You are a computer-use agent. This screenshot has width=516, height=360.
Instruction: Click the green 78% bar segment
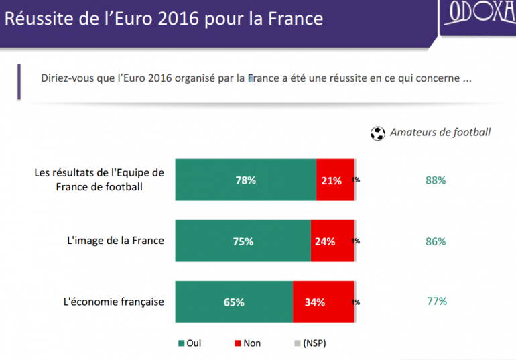246,180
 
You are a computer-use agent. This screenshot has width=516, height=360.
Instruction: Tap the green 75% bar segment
243,241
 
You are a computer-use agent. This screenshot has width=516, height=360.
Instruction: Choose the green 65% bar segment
234,302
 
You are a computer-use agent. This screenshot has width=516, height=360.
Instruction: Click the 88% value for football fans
436,180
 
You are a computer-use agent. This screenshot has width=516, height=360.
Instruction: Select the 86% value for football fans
436,241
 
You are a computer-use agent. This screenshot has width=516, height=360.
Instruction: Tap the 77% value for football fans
437,301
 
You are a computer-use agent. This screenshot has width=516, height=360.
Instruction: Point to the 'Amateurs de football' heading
440,132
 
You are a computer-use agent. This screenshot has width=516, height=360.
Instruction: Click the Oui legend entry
190,343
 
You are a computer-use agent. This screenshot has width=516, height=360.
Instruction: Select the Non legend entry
247,343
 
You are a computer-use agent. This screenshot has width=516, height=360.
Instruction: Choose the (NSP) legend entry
310,343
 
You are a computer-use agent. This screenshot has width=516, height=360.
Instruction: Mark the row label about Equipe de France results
99,179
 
